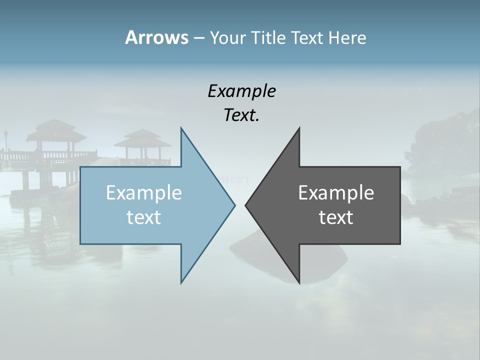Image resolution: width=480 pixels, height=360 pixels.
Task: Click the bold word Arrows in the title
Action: point(156,37)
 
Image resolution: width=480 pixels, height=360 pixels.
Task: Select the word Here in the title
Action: point(347,37)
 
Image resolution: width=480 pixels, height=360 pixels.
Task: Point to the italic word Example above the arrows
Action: point(241,91)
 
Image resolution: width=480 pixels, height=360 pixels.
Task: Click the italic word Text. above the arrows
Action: point(241,115)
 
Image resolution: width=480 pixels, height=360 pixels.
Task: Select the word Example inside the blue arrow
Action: point(144,192)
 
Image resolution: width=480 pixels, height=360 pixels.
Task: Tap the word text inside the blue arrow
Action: point(144,217)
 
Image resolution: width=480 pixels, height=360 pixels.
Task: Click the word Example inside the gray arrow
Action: point(336,192)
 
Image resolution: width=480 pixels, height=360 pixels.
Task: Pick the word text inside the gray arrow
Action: point(336,217)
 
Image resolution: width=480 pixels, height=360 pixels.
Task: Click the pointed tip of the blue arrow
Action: point(234,205)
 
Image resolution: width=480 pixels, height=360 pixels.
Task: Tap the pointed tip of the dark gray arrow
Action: point(246,205)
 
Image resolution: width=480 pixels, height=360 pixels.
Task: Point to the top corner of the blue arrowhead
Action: point(181,128)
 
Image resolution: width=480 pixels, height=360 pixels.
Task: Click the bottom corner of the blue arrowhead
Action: point(181,282)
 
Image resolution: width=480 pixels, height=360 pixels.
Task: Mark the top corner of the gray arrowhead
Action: point(299,128)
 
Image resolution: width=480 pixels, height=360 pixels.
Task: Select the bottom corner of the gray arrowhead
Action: point(299,282)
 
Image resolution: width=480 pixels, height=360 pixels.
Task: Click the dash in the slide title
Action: point(198,38)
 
